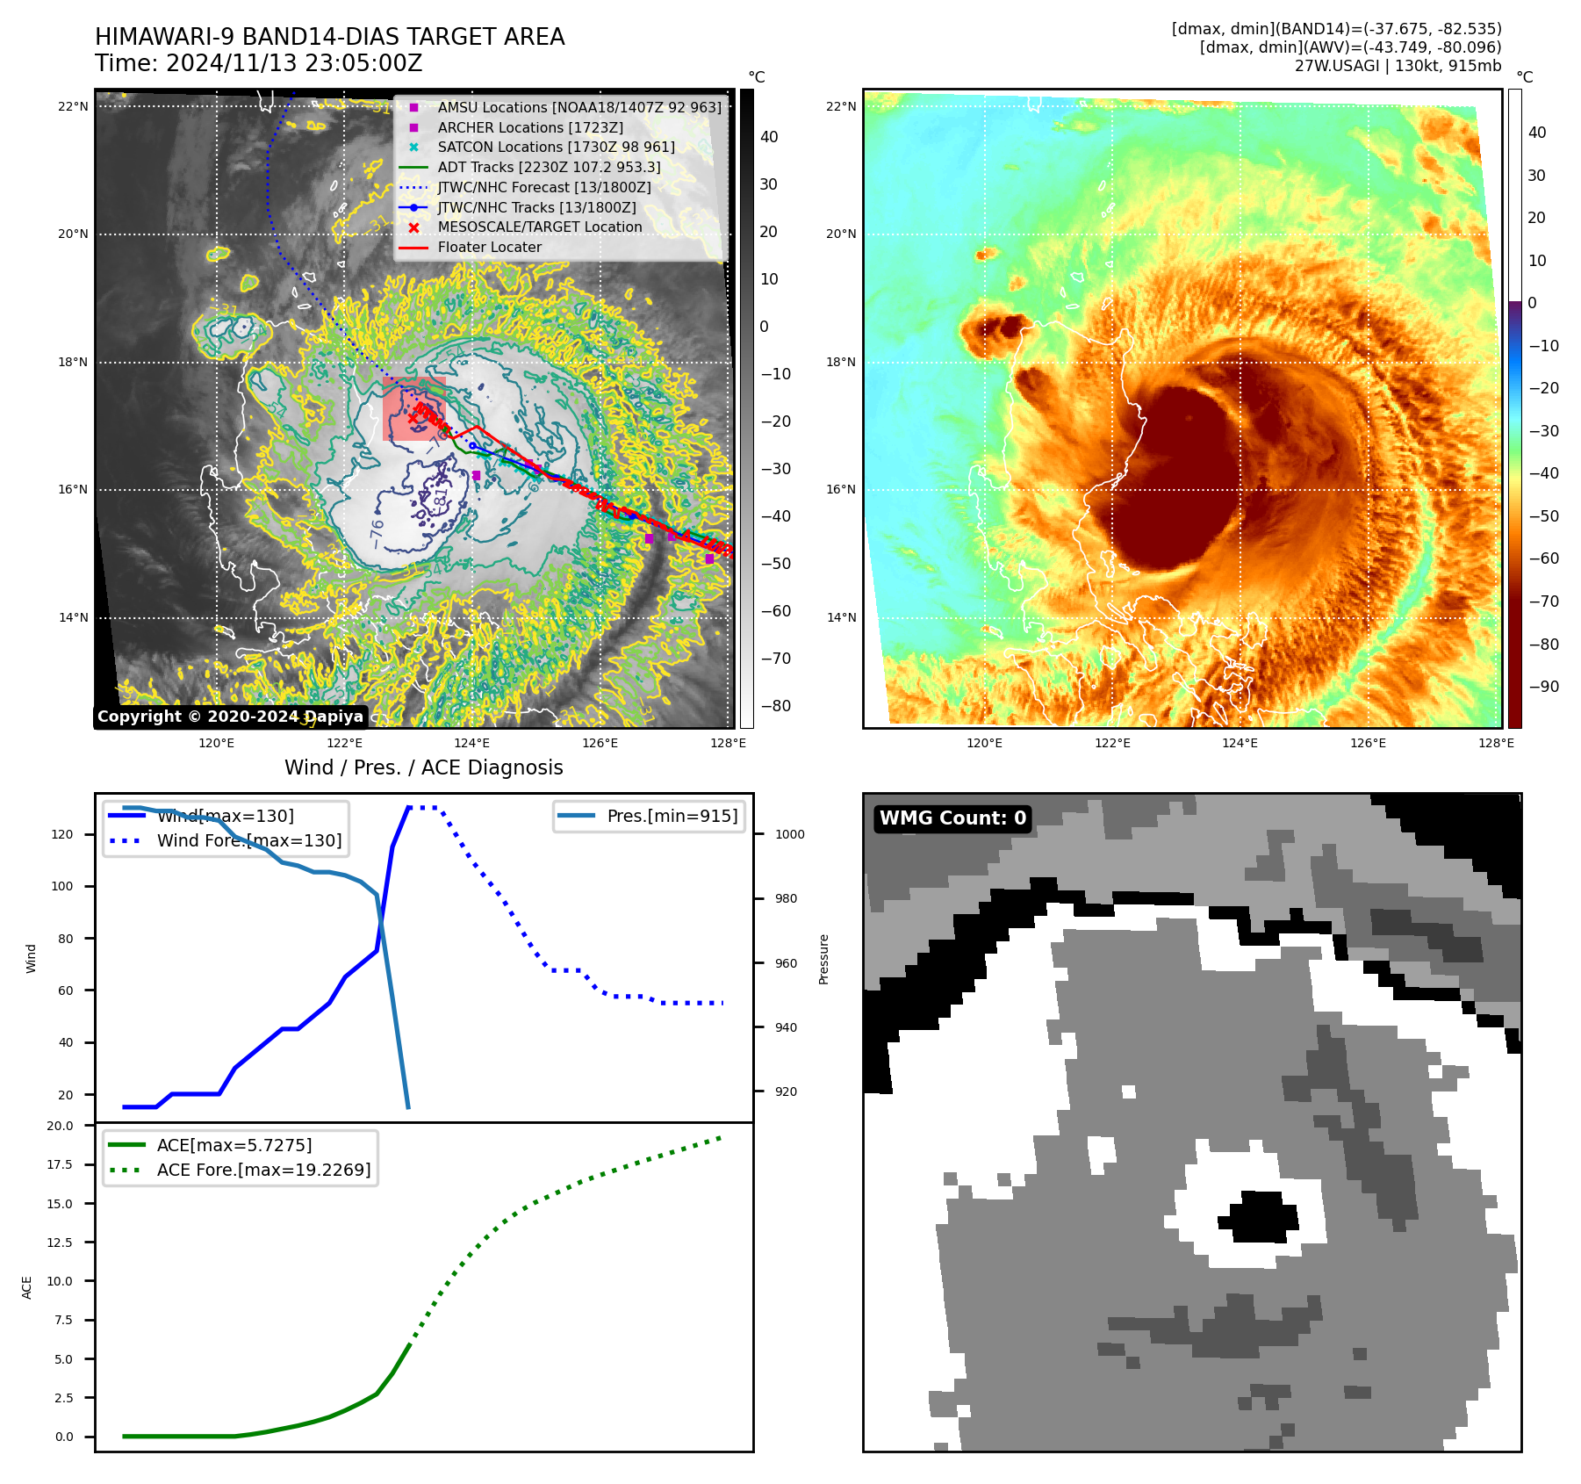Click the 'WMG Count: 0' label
click(x=952, y=818)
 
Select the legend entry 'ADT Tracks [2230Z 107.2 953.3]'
click(x=549, y=167)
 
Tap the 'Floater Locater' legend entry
click(x=489, y=248)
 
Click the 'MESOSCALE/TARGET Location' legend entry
click(x=539, y=227)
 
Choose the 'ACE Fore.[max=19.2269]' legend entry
click(x=263, y=1170)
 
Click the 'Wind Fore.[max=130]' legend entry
click(x=249, y=840)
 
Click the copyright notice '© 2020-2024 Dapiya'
click(x=230, y=717)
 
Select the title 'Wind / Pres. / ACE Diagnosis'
click(x=424, y=767)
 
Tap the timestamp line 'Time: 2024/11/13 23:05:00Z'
click(x=259, y=63)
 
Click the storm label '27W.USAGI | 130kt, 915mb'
click(x=1398, y=66)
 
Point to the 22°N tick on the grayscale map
click(x=74, y=107)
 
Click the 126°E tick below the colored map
click(x=1368, y=743)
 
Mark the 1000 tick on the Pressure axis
click(x=789, y=834)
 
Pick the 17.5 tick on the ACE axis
click(x=60, y=1164)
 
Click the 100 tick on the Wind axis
click(x=62, y=886)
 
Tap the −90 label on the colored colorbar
click(x=1543, y=687)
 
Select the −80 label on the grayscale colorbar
click(x=775, y=706)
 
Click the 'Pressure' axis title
click(x=823, y=959)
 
